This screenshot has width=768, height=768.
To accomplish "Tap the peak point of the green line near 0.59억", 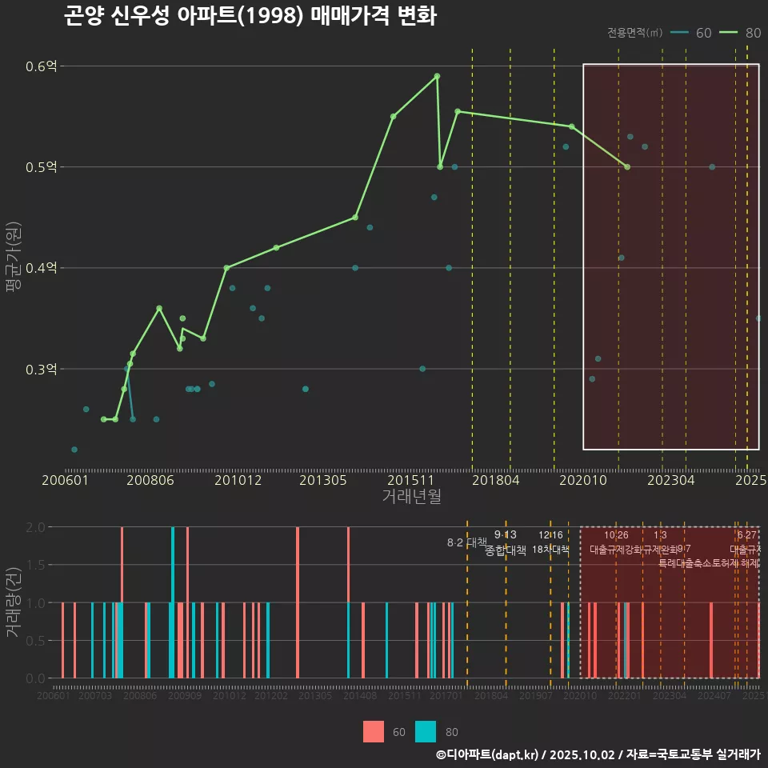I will click(x=437, y=76).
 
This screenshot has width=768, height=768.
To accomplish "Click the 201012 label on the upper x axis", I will click(x=238, y=480).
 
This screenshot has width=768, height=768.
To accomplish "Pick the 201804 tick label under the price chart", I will click(x=496, y=480).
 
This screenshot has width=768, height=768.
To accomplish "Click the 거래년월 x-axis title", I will click(x=411, y=497).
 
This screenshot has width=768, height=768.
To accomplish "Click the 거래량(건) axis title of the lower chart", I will click(x=12, y=602).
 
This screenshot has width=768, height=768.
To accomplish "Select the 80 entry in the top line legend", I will click(x=741, y=33).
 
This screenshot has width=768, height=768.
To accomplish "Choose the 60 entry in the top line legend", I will click(x=692, y=33).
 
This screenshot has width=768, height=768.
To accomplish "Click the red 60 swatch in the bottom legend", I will click(x=374, y=731).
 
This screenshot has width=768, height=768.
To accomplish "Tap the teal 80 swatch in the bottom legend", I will click(x=426, y=731).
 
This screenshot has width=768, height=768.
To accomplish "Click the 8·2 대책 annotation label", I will click(x=467, y=542).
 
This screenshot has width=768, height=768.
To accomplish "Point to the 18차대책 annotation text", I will click(x=550, y=550).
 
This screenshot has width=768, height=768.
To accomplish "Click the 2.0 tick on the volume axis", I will click(x=36, y=527).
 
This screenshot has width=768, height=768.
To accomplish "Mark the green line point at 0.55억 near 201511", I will click(x=393, y=117).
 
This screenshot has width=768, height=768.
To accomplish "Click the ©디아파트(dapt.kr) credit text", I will click(x=487, y=754).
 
